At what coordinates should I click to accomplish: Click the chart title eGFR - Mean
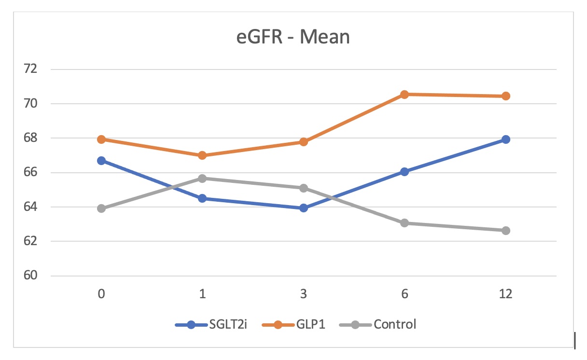pos(293,37)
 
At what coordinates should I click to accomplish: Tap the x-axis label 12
pos(505,294)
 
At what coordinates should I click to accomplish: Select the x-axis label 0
pos(101,294)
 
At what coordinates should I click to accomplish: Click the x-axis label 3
pos(304,294)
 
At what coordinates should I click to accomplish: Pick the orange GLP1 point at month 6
pos(405,95)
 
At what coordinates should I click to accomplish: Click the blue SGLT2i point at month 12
pos(505,139)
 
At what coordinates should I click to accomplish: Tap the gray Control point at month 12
pos(505,231)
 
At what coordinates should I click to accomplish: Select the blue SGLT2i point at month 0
pos(101,161)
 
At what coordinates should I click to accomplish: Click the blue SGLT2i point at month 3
pos(304,208)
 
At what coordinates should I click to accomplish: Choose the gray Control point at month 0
pos(101,208)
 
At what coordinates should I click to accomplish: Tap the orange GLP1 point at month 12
pos(505,96)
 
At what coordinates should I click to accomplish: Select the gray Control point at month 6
pos(405,223)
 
